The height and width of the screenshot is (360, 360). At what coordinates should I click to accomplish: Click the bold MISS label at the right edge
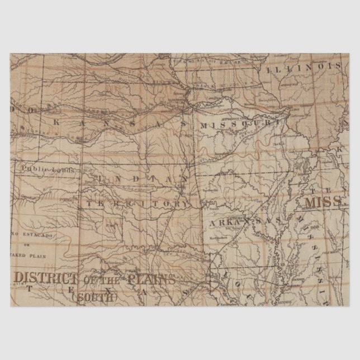[x=323, y=200]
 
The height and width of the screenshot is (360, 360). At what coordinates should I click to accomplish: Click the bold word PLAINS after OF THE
[x=150, y=278]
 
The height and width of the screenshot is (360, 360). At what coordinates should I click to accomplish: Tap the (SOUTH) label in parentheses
[x=97, y=297]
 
